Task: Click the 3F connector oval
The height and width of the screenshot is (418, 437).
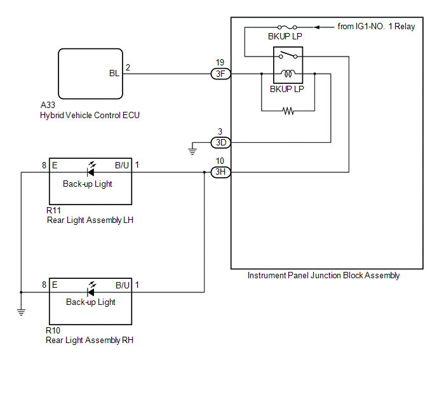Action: [x=220, y=74]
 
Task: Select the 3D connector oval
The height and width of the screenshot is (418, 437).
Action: [x=220, y=142]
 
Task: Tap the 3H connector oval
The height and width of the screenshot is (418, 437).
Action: [x=220, y=172]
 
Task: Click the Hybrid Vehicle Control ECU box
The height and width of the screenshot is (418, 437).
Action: [x=91, y=74]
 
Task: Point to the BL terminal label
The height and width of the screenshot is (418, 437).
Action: [x=114, y=74]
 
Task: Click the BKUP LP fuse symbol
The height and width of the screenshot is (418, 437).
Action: [x=288, y=28]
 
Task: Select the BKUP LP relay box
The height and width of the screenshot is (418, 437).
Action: [x=288, y=65]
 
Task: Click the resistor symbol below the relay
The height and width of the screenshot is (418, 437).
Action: [x=288, y=111]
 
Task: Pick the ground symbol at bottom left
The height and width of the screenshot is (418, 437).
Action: [x=21, y=311]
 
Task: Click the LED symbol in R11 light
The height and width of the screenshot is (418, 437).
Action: [x=91, y=170]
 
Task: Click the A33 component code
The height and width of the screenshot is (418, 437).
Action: [x=48, y=105]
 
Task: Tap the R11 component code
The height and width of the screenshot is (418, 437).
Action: [x=53, y=210]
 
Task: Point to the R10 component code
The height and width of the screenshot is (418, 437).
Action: [x=53, y=330]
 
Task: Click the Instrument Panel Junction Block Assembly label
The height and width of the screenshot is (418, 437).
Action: [x=323, y=276]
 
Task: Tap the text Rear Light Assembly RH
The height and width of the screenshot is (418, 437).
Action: [x=90, y=340]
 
